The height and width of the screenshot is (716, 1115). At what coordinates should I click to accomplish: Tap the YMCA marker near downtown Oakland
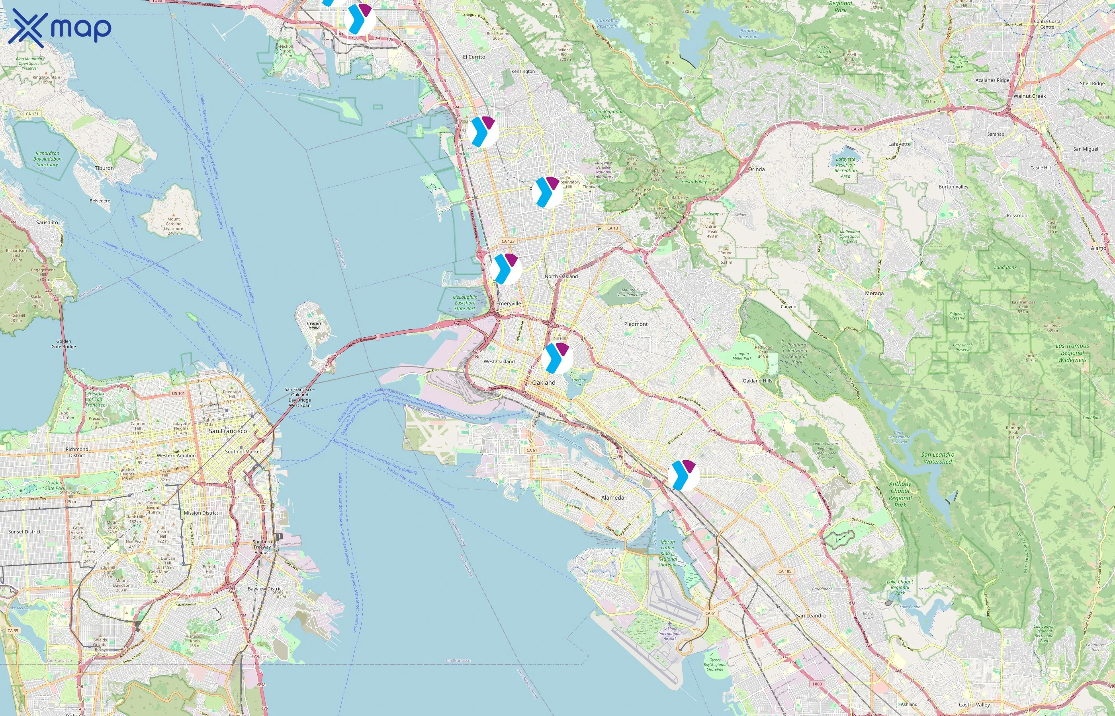coord(557,358)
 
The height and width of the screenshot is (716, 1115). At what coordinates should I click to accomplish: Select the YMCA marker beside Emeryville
coord(506,269)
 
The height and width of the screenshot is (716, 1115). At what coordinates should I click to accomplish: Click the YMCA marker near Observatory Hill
coord(547,192)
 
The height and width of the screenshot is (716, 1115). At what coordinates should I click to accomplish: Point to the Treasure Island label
coord(314,325)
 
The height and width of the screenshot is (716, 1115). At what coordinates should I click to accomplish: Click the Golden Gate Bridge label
coord(64,344)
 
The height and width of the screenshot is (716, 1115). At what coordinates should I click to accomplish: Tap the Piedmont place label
coord(636,324)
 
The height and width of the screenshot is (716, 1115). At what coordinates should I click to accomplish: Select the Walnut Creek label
coord(1029,96)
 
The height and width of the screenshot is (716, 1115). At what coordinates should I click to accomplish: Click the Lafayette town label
coord(899,144)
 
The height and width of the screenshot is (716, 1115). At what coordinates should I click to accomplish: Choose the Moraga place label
coord(874,294)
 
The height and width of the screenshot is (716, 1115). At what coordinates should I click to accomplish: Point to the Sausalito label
coord(47,222)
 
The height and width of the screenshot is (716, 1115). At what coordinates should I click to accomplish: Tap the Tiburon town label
coord(104,168)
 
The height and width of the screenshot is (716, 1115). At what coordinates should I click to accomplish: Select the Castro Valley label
coord(974,704)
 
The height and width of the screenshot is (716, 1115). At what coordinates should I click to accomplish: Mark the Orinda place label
coord(756,169)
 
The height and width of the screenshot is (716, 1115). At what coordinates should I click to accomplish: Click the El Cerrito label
coord(474,57)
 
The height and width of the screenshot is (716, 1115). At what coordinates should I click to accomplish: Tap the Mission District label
coord(201,513)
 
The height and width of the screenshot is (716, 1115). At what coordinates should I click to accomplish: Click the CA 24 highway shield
coord(856,129)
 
